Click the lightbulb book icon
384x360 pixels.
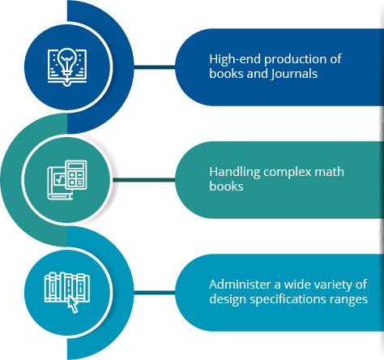point(67,66)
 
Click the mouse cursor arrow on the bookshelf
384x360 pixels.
point(72,304)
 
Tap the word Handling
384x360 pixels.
point(235,173)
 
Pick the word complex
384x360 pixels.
point(288,173)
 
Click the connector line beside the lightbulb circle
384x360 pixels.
point(155,67)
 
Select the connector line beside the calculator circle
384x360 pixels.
point(144,180)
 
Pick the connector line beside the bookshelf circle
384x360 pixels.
point(155,293)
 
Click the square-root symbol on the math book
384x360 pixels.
point(59,179)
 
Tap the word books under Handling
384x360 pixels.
point(226,186)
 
